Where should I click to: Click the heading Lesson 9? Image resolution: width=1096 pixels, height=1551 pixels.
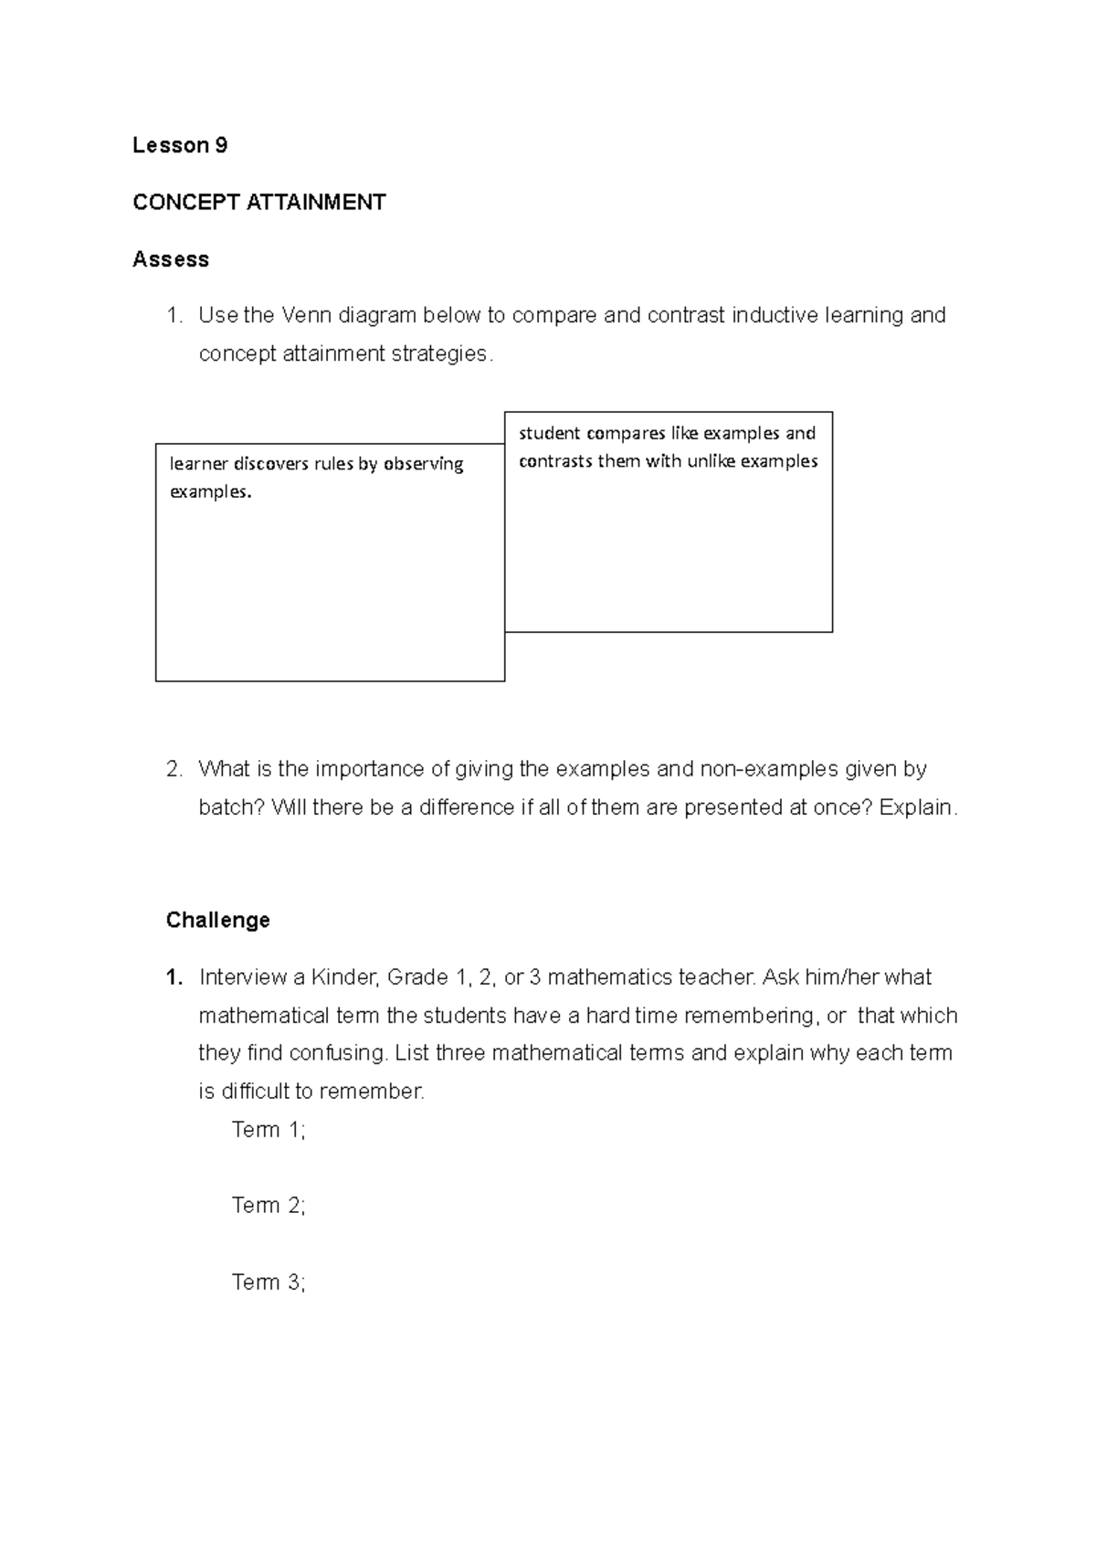pyautogui.click(x=180, y=145)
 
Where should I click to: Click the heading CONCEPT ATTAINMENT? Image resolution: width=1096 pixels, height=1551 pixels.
pyautogui.click(x=258, y=203)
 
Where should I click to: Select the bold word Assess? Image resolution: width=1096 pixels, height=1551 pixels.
pyautogui.click(x=171, y=259)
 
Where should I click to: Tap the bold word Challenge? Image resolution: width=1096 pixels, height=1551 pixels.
pyautogui.click(x=217, y=920)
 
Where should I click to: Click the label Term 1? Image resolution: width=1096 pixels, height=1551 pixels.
pyautogui.click(x=269, y=1130)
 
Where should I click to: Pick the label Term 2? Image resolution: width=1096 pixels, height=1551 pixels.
pyautogui.click(x=269, y=1206)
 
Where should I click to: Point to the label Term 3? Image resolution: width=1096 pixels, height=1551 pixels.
pyautogui.click(x=269, y=1282)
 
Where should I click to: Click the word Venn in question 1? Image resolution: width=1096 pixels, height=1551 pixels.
pyautogui.click(x=306, y=315)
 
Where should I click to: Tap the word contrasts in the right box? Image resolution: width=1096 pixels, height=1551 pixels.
pyautogui.click(x=555, y=461)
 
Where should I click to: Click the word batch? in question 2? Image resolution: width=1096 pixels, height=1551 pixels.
pyautogui.click(x=231, y=807)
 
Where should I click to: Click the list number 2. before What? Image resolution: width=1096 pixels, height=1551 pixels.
pyautogui.click(x=174, y=769)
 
